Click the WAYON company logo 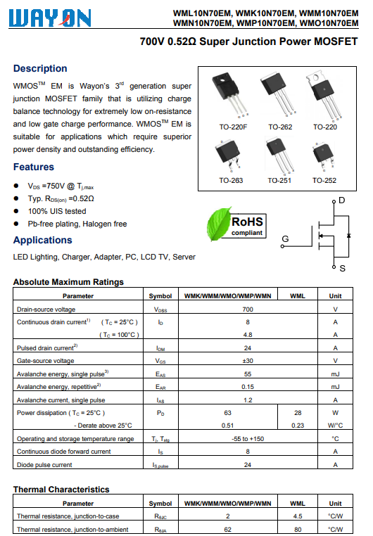tap(50, 18)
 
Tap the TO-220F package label tap(233, 127)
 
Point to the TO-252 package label tap(324, 181)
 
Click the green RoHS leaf tap(218, 224)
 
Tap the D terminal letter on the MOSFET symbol tap(341, 200)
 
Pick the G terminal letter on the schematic tap(285, 238)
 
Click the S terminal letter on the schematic tap(342, 269)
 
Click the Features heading tap(34, 167)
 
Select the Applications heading tap(43, 240)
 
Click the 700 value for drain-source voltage tap(248, 310)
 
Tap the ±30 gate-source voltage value tap(248, 361)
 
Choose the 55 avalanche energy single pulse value tap(248, 374)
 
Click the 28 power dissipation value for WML tap(298, 413)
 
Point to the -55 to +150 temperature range tap(248, 439)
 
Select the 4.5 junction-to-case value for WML tap(298, 516)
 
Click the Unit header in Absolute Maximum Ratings tap(336, 296)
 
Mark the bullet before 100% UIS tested tap(16, 211)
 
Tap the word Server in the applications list tap(184, 257)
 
